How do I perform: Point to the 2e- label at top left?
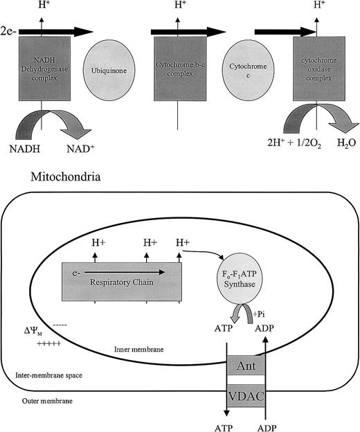(x=12, y=32)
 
